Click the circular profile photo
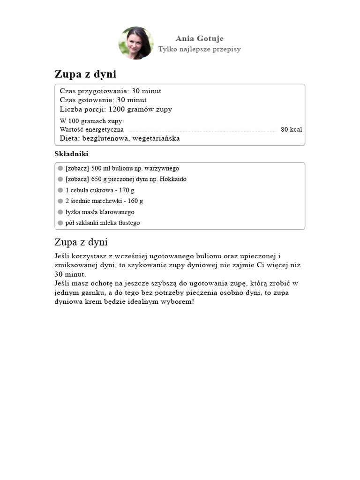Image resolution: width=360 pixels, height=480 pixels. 136,43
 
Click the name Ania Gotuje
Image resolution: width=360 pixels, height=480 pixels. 199,38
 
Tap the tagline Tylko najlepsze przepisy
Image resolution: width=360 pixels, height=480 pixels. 199,49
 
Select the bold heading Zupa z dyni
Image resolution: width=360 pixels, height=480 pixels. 85,74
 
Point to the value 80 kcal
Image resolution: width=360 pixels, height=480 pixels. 291,129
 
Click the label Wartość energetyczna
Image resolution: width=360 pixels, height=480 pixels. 92,129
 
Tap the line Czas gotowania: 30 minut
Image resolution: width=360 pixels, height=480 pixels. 103,100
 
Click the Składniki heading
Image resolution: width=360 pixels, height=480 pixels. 71,154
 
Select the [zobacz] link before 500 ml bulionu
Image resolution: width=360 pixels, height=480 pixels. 77,168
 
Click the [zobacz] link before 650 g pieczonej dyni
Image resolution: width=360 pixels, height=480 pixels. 77,179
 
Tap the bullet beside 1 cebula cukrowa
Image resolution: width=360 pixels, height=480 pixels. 60,190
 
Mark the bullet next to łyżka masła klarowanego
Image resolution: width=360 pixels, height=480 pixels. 60,212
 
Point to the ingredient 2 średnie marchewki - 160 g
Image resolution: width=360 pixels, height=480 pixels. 104,201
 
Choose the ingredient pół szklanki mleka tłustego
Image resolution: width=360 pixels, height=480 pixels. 103,223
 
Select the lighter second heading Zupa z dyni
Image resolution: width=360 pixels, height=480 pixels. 81,242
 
